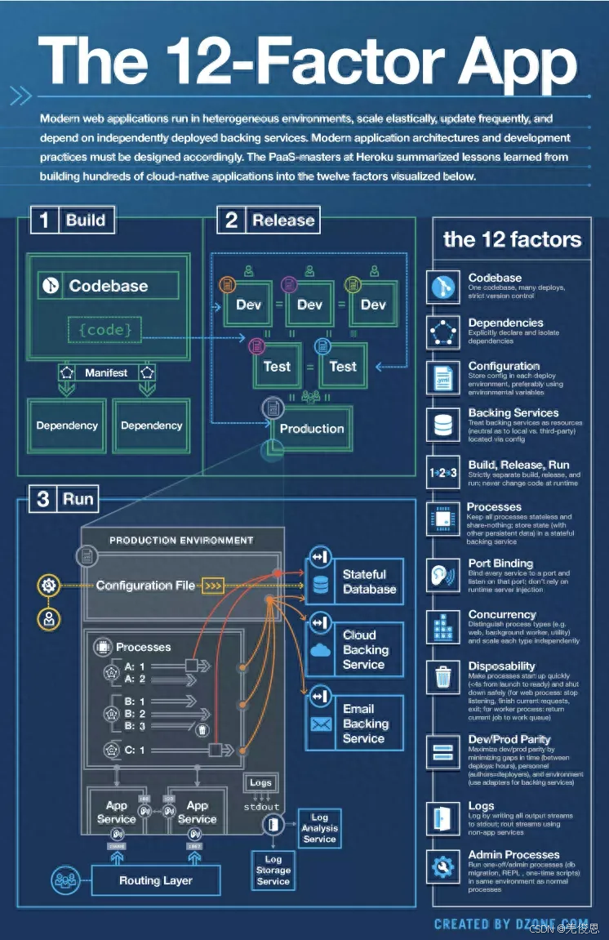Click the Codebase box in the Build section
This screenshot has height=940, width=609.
[x=108, y=286]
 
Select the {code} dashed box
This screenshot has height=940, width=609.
[x=105, y=330]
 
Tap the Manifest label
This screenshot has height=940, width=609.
[x=106, y=372]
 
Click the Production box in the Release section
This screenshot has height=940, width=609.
[x=311, y=428]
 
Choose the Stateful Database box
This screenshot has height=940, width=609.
[x=355, y=581]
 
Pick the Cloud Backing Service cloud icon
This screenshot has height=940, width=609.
[x=320, y=650]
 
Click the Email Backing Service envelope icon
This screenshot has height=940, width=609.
[x=320, y=724]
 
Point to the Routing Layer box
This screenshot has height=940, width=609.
[x=155, y=880]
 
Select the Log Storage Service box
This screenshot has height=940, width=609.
[x=273, y=871]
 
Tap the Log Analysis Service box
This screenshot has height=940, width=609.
[x=319, y=827]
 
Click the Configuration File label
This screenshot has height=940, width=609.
[x=145, y=585]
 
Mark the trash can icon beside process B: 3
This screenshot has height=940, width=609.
[x=202, y=729]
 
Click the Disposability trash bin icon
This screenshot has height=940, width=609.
[x=443, y=677]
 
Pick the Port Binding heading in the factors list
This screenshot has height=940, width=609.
[x=500, y=564]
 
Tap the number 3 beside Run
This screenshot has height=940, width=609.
[x=43, y=499]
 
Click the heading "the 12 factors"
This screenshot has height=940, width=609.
[x=512, y=240]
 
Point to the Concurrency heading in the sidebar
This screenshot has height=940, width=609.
[x=502, y=614]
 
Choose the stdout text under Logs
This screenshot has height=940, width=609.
[x=261, y=807]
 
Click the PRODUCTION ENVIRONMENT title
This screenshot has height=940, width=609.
[x=181, y=540]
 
